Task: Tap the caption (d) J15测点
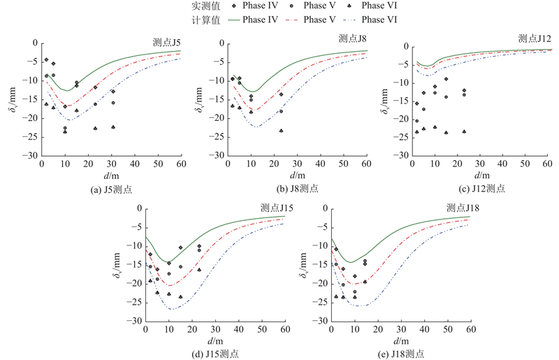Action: click(215, 354)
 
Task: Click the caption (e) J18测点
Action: click(400, 354)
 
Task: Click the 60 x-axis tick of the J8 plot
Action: click(368, 165)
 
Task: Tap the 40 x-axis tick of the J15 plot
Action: click(238, 330)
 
